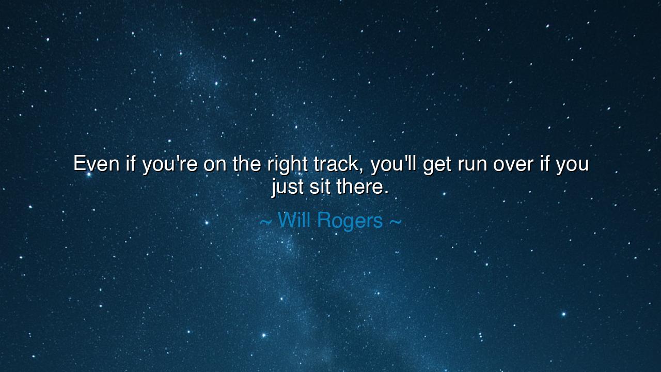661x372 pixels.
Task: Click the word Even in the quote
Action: [96, 163]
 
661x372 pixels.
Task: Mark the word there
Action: [358, 187]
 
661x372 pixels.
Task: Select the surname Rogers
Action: [350, 222]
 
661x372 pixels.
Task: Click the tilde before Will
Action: [265, 222]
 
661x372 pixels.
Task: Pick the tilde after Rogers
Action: [396, 222]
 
